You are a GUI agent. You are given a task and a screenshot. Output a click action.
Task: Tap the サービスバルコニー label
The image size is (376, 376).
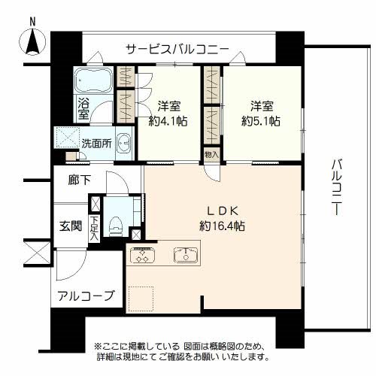[177, 50]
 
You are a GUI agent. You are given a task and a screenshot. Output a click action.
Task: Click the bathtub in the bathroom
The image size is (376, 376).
[93, 80]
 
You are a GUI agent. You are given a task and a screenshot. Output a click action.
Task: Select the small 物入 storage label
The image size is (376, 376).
[211, 153]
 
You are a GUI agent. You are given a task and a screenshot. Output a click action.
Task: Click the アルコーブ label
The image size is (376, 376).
[86, 296]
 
